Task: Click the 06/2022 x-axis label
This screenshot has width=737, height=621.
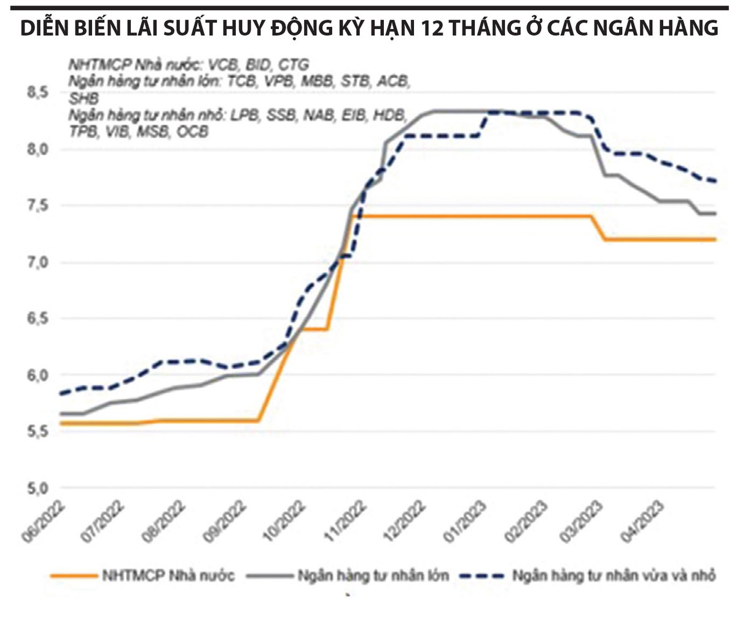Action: click(x=52, y=522)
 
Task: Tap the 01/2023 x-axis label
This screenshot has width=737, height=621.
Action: click(x=470, y=522)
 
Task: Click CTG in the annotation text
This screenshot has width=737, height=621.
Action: click(x=292, y=64)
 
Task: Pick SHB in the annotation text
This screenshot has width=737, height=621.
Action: click(x=84, y=98)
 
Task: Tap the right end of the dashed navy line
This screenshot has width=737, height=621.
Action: click(x=715, y=181)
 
